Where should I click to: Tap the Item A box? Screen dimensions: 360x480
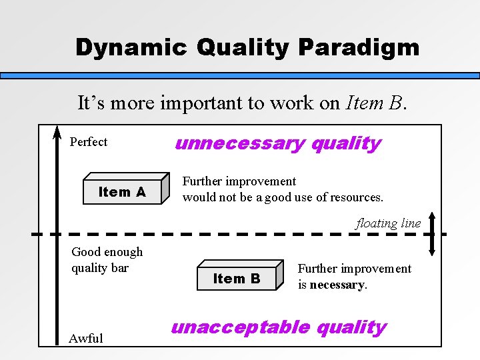click(122, 192)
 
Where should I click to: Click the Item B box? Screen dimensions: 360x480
click(237, 279)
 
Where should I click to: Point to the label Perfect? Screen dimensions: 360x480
click(88, 142)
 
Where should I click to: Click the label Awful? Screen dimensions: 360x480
click(86, 338)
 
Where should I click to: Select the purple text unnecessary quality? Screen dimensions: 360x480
click(277, 143)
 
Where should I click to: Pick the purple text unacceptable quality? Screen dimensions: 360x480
click(279, 327)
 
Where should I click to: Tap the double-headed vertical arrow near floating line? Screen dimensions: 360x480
click(432, 234)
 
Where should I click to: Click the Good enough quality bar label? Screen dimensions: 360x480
click(107, 260)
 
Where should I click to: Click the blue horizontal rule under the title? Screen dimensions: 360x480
click(240, 76)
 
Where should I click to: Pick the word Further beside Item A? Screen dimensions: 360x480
click(203, 181)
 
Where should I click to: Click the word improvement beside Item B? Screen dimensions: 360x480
click(378, 269)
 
